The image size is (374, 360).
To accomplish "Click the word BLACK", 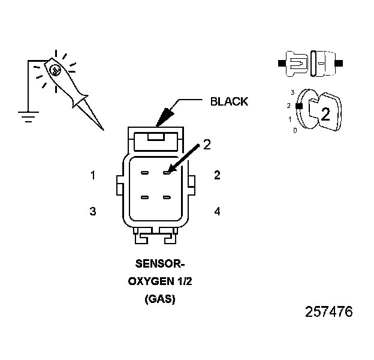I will tap(228, 101).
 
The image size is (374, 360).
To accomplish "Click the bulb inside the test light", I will tap(55, 70).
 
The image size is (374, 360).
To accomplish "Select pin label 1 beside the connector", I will tap(93, 176).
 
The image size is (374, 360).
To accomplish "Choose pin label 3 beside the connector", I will tap(93, 211).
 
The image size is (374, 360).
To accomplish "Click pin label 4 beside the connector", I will tap(217, 211).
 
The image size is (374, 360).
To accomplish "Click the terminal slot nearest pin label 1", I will tap(144, 173).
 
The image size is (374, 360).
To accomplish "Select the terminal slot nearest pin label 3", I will tap(144, 197).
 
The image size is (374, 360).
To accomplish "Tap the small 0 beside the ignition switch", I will tap(294, 130).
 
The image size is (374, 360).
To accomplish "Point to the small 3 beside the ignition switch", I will tap(291, 92).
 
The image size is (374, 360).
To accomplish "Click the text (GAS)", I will tap(159, 298).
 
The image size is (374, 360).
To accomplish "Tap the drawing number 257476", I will tap(328, 312).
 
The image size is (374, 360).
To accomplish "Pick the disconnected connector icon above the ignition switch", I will tap(310, 62).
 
